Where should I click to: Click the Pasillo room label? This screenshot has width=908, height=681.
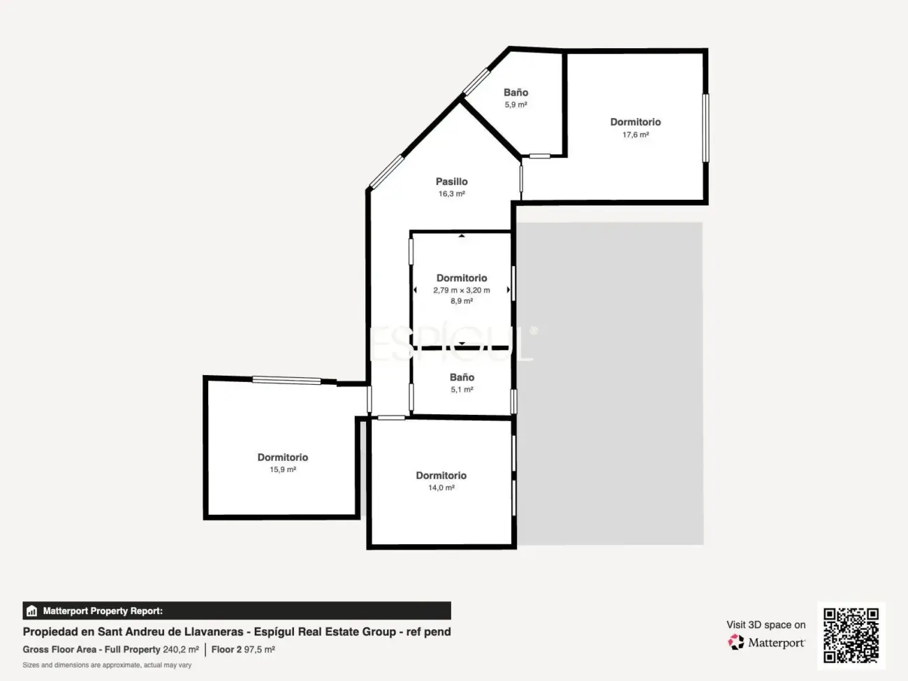[x=452, y=182]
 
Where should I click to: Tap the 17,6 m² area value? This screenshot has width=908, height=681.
[x=636, y=135]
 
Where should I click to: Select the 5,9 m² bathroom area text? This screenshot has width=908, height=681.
[x=515, y=105]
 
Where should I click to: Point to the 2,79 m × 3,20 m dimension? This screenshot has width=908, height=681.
[x=462, y=291]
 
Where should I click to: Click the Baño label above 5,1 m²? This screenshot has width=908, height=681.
[x=462, y=377]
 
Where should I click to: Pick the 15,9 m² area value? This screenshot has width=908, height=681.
[x=283, y=469]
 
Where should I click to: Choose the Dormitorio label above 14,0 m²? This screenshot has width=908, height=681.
[x=441, y=476]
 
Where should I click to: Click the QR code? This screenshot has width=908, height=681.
[x=851, y=636]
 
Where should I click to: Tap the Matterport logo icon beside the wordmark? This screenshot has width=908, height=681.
[x=736, y=642]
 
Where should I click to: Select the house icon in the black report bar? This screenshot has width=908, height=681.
[x=32, y=610]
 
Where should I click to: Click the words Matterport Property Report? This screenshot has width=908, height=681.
[x=103, y=610]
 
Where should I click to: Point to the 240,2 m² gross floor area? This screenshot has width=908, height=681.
[x=181, y=650]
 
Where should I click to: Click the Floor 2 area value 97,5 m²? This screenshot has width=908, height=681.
[x=259, y=650]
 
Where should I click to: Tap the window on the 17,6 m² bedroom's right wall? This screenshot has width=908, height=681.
[x=705, y=128]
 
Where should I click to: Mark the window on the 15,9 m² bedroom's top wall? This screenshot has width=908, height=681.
[x=286, y=380]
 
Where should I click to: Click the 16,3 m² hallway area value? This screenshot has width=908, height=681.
[x=452, y=194]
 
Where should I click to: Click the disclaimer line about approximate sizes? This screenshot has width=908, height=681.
[x=107, y=665]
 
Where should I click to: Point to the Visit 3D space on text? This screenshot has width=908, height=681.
[x=766, y=624]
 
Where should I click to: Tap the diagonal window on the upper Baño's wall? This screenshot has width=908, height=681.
[x=476, y=82]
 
